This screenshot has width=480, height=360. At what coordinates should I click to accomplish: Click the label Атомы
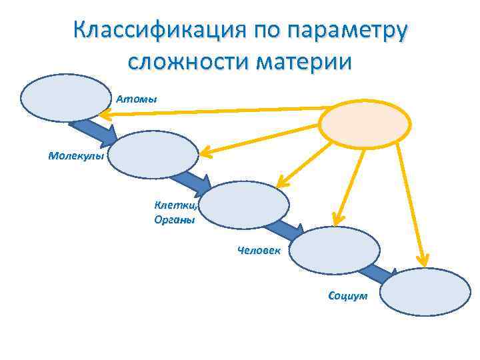click(137, 99)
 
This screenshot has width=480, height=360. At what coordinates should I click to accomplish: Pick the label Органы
click(175, 220)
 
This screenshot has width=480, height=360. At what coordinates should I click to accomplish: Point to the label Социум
click(347, 295)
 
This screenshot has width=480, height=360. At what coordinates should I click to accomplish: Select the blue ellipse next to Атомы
click(65, 97)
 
